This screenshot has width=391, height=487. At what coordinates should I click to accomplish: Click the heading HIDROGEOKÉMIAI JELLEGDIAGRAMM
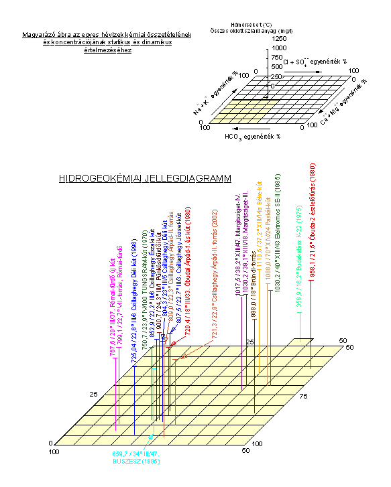point(145,179)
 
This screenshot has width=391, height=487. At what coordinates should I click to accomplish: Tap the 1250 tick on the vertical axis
point(279,40)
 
